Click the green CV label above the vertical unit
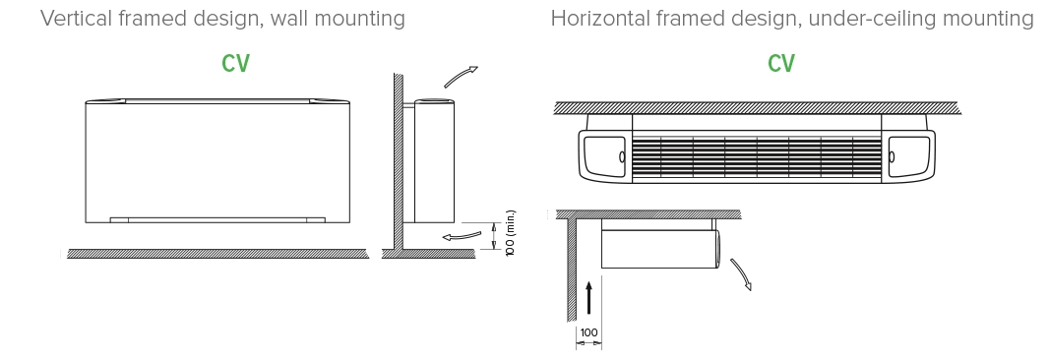235,64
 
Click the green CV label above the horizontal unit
781,64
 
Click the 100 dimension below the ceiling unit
587,333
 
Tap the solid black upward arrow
587,296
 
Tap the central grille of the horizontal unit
755,155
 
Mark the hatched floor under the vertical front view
216,253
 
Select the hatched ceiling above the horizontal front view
756,106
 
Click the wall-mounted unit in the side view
434,162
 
